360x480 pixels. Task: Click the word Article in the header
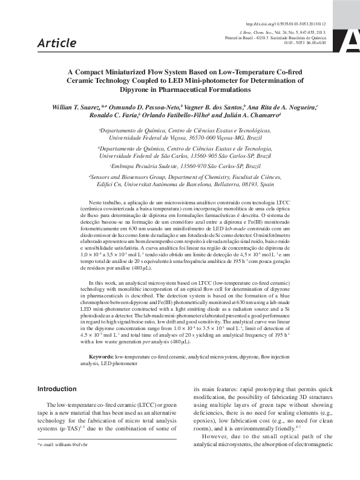coord(56,43)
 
